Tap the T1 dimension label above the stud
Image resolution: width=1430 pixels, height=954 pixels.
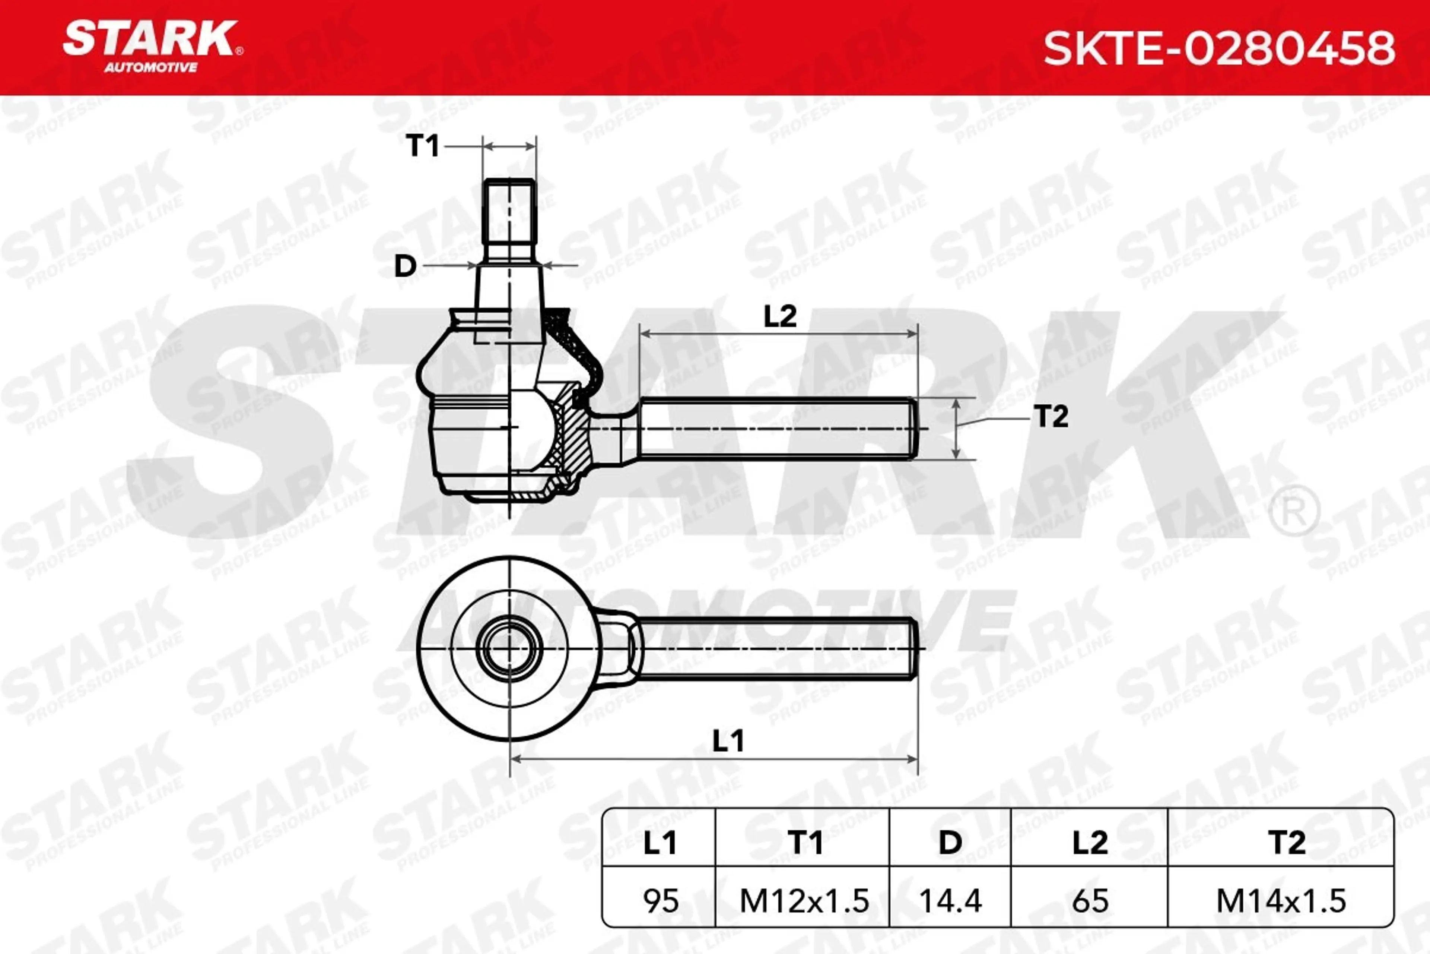click(x=422, y=146)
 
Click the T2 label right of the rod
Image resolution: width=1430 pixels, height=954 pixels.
click(x=1051, y=417)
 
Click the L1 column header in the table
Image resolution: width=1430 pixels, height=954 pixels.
click(x=660, y=843)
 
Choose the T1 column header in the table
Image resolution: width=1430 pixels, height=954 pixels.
click(x=805, y=843)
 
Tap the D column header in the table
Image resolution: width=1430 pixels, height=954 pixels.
click(x=950, y=843)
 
